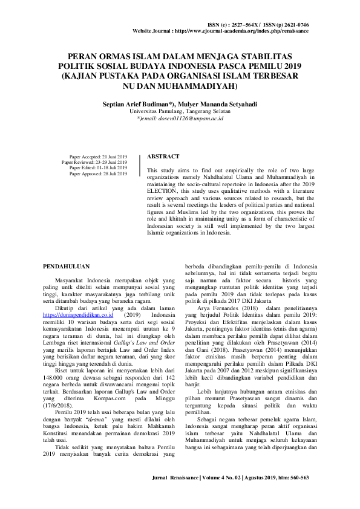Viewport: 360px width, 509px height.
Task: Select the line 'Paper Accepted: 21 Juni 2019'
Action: point(98,156)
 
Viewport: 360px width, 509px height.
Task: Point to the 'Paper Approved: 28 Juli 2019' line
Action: point(98,173)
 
